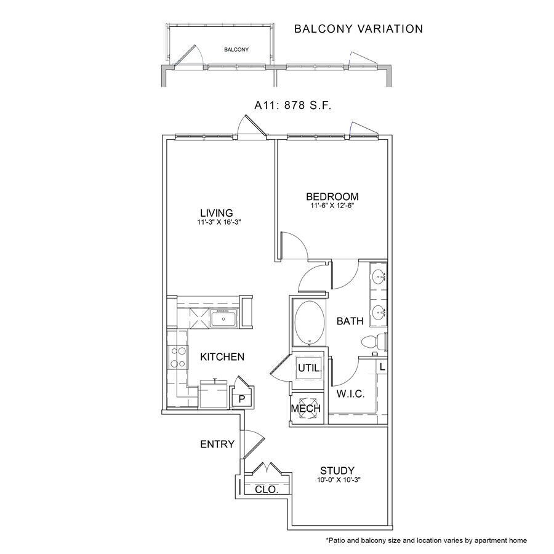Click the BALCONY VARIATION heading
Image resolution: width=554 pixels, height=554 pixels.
[x=358, y=29]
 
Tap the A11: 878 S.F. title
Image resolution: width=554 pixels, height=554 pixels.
[x=293, y=106]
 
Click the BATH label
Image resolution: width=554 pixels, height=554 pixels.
[x=349, y=321]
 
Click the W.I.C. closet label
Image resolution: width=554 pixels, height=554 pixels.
[x=350, y=394]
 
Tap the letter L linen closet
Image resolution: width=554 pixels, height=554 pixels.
[x=382, y=367]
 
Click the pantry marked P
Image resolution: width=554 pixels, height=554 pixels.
[x=242, y=398]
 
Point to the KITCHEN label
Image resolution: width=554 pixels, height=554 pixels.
[x=222, y=357]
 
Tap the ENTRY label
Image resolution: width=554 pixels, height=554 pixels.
[x=217, y=444]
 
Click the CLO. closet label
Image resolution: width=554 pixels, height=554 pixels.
[x=266, y=490]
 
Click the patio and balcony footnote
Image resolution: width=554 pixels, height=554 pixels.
[x=426, y=540]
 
